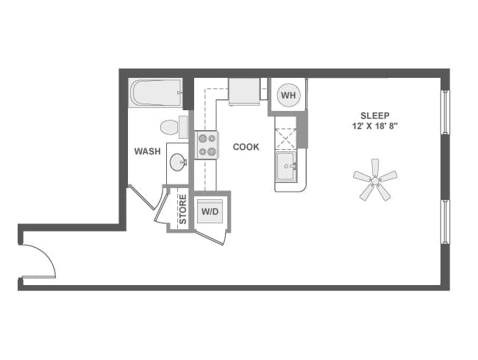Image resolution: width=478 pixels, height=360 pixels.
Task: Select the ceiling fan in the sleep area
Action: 375,179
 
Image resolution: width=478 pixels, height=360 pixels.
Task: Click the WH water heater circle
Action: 288,96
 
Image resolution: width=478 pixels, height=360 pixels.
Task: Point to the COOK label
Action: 246,147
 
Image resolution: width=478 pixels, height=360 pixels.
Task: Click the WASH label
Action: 147,151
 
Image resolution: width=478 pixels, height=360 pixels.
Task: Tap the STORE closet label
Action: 182,209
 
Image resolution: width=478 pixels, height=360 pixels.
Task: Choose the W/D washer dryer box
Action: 210,212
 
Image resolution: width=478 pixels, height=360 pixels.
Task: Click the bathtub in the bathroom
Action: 155,93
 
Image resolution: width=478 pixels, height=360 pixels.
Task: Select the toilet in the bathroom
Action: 173,127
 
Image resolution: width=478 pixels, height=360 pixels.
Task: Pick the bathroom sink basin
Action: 177,163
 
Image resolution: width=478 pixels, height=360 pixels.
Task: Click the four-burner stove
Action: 207,145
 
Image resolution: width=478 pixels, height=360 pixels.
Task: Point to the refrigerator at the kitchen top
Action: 243,92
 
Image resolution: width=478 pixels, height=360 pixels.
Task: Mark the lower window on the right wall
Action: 444,220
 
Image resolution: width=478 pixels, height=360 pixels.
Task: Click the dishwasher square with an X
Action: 285,138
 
